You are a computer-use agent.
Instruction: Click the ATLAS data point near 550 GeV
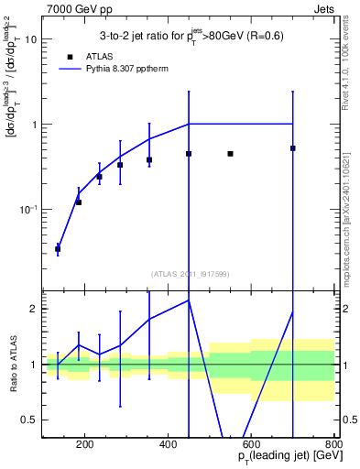coord(230,154)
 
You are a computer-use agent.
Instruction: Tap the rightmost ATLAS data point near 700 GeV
coord(292,147)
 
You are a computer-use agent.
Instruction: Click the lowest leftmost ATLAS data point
coord(58,249)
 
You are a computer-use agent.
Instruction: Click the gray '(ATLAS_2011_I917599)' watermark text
coord(190,273)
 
